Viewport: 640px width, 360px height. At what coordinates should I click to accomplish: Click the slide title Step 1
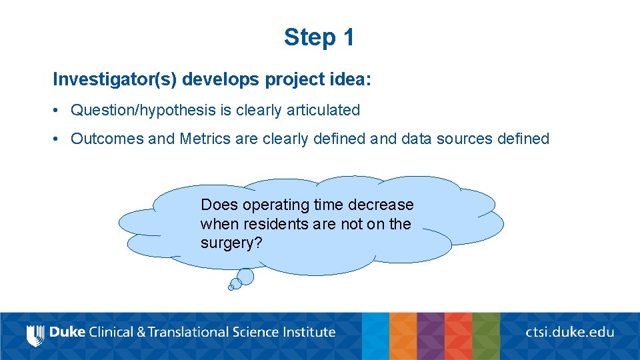click(x=319, y=37)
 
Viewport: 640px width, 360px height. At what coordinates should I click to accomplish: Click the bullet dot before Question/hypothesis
click(x=58, y=111)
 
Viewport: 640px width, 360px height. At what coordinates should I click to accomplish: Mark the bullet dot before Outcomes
click(x=58, y=139)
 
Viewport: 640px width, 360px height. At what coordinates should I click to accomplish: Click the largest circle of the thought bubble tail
click(x=245, y=276)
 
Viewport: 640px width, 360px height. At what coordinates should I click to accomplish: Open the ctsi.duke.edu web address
click(x=570, y=332)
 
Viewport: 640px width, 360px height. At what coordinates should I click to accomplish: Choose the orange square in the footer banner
click(x=403, y=336)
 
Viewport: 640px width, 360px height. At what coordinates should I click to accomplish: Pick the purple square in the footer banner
click(x=431, y=336)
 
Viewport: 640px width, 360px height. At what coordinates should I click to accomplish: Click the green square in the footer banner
click(x=486, y=336)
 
